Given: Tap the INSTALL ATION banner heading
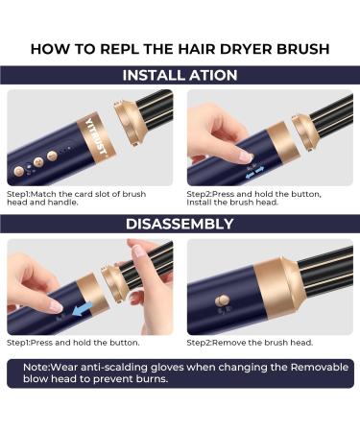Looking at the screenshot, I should pyautogui.click(x=180, y=75).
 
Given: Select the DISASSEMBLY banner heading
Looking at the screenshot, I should pyautogui.click(x=180, y=224).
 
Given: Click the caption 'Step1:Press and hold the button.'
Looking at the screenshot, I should pyautogui.click(x=73, y=342).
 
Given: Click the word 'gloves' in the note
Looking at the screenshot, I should pyautogui.click(x=156, y=366).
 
